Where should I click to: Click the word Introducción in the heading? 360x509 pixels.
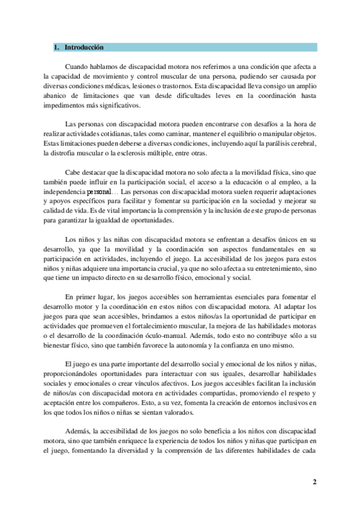84,47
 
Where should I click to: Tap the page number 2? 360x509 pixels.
314,481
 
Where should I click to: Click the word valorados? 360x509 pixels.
172,414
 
